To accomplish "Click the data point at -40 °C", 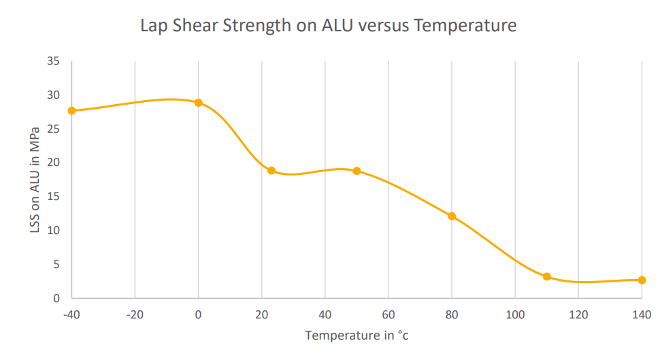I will coord(71,110).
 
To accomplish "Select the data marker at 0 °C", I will coord(199,103).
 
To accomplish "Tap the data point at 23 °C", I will coord(271,171).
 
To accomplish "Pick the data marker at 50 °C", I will coord(356,171).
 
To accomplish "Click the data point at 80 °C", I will coord(451,216).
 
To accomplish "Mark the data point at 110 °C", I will coord(546,276).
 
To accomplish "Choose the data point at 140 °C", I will coord(642,280).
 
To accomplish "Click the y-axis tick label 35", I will coord(54,61).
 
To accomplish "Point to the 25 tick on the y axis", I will coord(54,129).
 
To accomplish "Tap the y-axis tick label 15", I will coord(54,197).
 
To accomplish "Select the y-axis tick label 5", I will coord(56,264).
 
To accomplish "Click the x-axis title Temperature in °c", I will coord(356,336).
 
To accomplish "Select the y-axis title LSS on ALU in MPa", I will coord(35,180).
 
